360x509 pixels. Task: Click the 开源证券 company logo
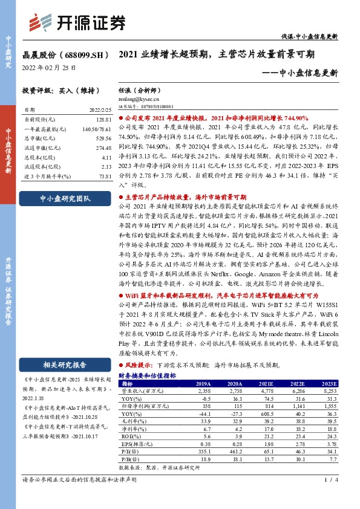click(78, 23)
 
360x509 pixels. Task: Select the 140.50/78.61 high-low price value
click(96, 129)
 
